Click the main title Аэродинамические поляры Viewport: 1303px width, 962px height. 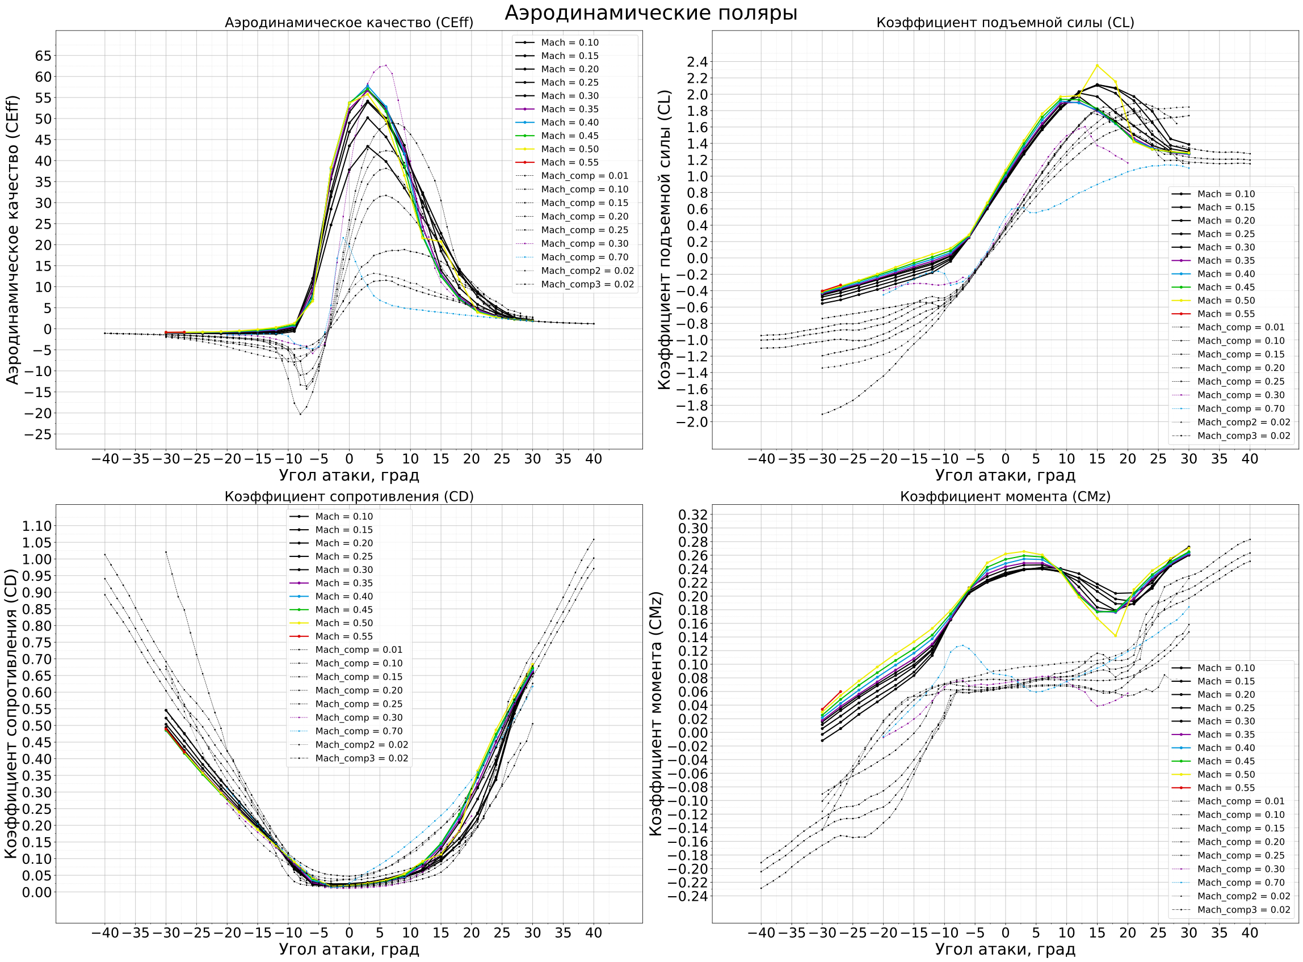point(650,13)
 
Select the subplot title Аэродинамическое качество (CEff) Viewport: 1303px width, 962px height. point(349,23)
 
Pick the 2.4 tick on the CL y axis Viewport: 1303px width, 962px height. point(693,62)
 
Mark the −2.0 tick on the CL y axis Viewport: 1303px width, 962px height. point(691,422)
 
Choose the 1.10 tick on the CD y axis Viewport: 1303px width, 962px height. point(37,526)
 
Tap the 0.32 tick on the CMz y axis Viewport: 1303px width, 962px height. point(692,515)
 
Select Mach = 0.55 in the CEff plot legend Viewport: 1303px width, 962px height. point(569,162)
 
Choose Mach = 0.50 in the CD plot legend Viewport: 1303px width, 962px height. point(344,623)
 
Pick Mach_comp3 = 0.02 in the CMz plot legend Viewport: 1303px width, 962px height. point(1243,910)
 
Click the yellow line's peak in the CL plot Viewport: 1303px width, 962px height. point(1097,65)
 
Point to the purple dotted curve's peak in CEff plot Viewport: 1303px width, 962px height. point(385,65)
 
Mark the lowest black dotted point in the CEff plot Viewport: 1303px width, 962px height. point(301,414)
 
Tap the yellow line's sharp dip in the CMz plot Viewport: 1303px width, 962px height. point(1116,636)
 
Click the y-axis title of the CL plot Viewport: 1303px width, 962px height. point(664,239)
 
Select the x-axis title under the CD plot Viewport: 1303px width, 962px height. point(349,949)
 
